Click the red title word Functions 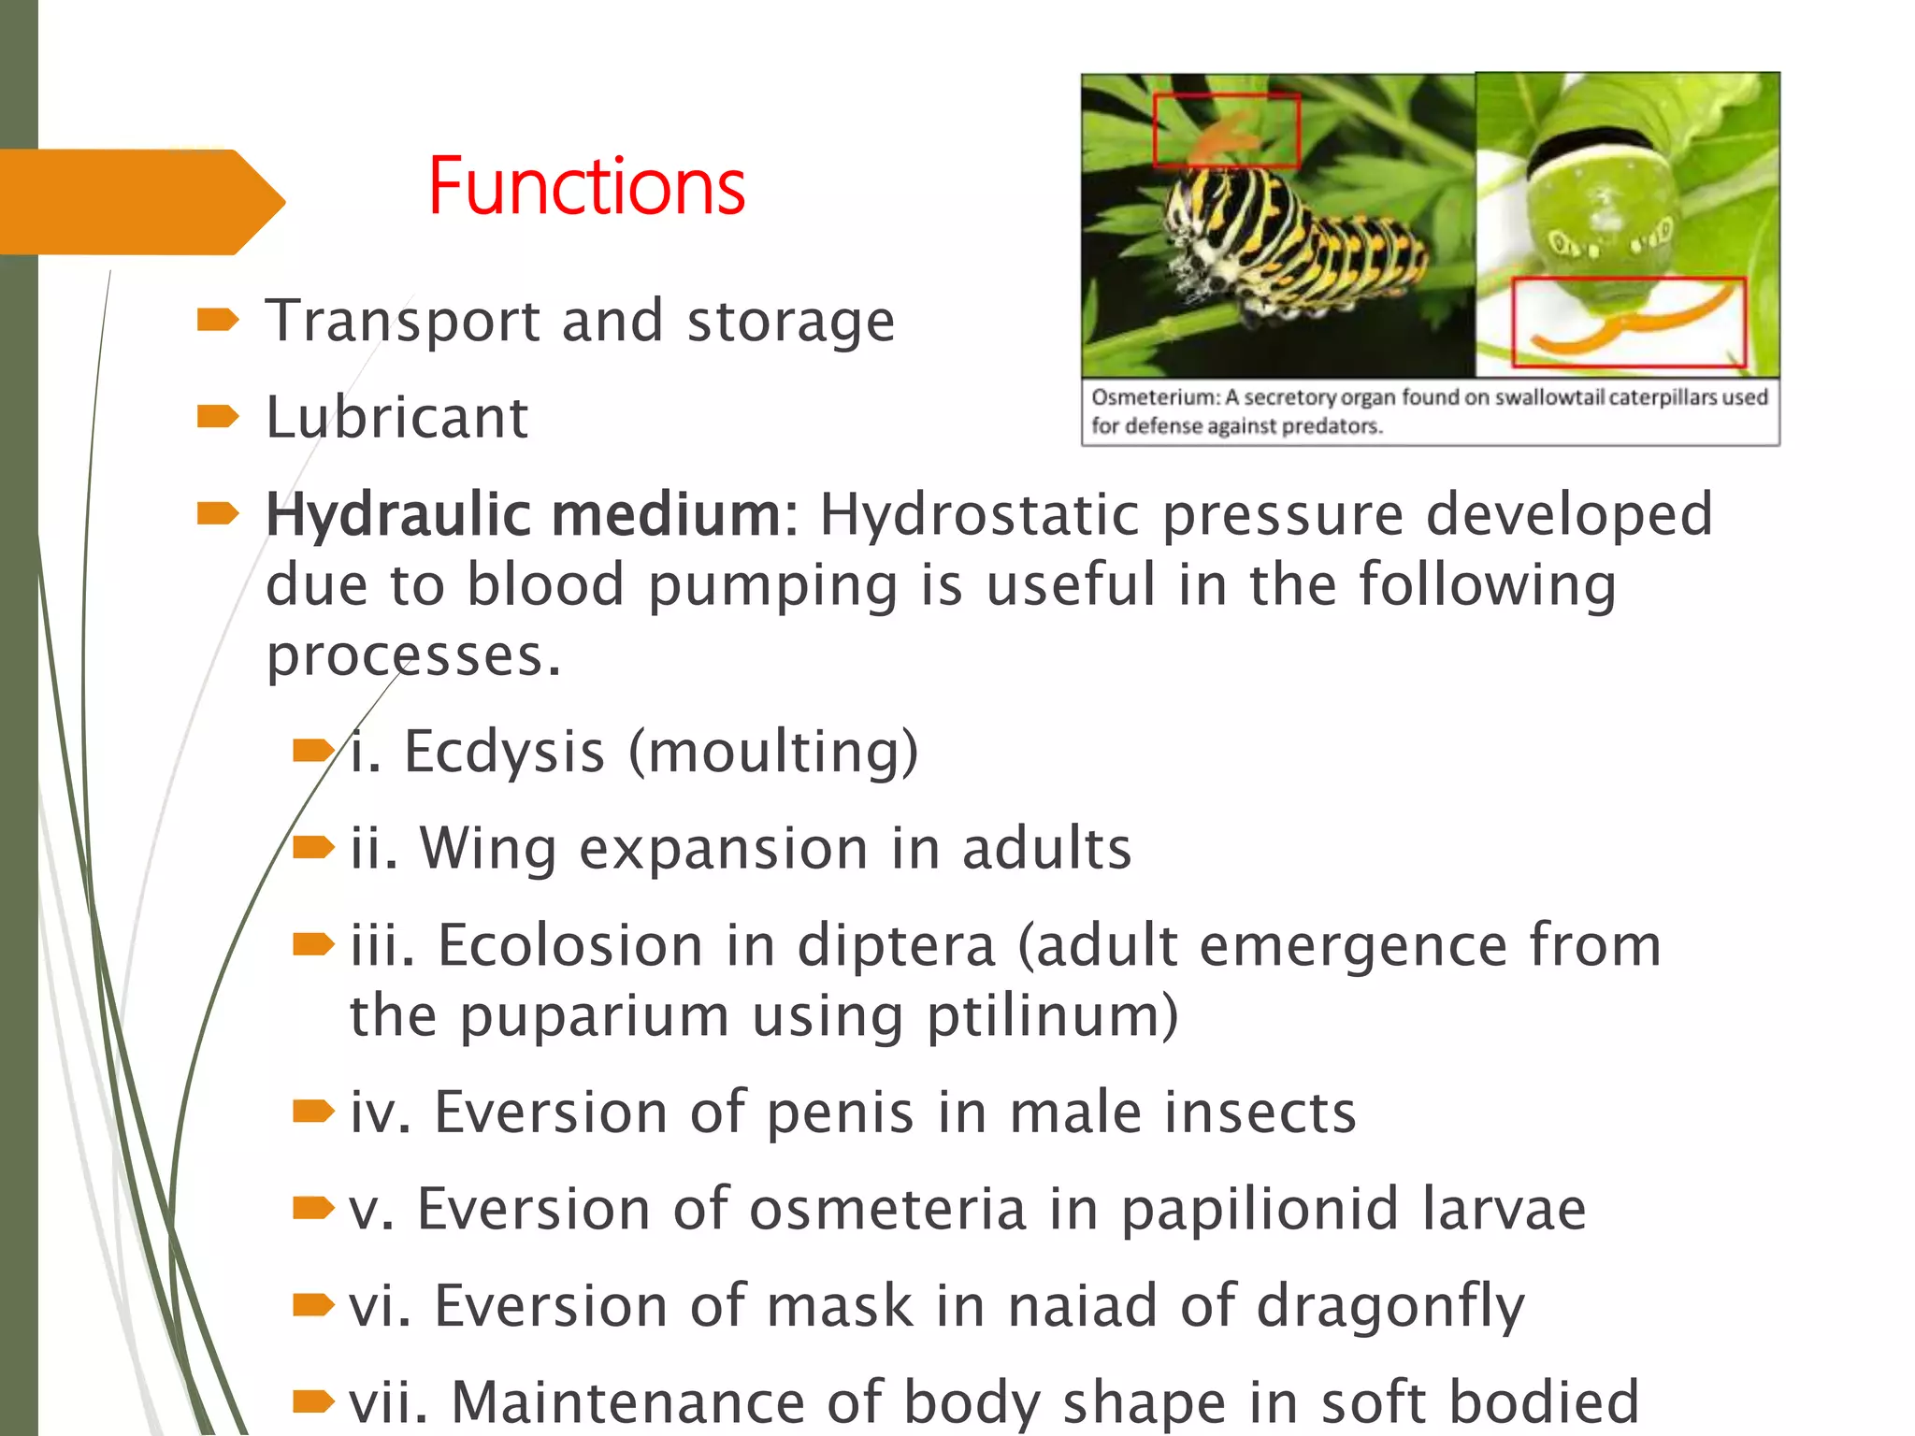point(586,187)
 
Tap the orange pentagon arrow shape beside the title point(140,202)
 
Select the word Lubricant point(396,417)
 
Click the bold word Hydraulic point(392,516)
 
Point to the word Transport point(402,322)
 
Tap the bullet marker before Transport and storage point(218,321)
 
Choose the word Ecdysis point(504,752)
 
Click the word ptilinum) point(1052,1016)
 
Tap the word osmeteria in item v point(887,1209)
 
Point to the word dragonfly point(1390,1306)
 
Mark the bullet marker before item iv point(312,1111)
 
